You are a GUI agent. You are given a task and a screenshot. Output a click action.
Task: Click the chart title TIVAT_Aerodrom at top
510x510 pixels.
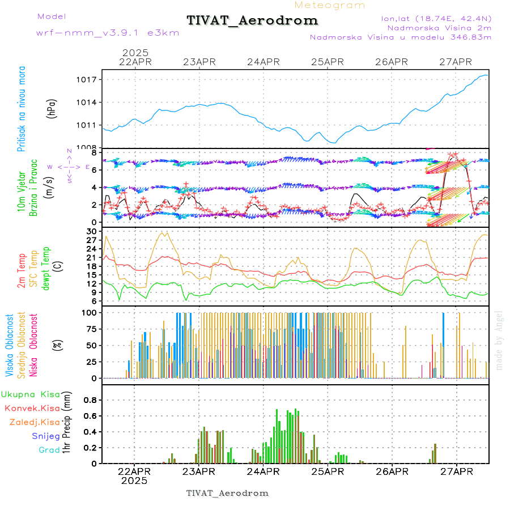[x=252, y=20]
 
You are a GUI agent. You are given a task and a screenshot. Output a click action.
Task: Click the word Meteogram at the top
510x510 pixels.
[x=330, y=5]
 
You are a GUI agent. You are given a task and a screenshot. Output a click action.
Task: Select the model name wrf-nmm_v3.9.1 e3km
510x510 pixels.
[x=108, y=33]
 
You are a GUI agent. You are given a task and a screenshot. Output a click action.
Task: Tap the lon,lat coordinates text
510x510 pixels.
[x=436, y=18]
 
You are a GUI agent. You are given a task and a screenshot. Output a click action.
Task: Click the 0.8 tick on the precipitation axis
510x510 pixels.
[x=91, y=400]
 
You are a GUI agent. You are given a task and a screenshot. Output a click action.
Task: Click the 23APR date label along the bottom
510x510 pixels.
[x=199, y=471]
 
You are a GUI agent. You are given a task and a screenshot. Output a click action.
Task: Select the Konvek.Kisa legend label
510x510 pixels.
[x=32, y=408]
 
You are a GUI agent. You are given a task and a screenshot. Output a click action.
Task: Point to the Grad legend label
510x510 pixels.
[x=49, y=450]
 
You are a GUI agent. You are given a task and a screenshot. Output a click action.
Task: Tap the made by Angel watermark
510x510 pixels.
[x=499, y=340]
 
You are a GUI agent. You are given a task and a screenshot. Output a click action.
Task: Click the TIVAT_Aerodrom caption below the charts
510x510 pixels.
[x=227, y=493]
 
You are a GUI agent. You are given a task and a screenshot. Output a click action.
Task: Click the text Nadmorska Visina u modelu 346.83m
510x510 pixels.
[x=400, y=37]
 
